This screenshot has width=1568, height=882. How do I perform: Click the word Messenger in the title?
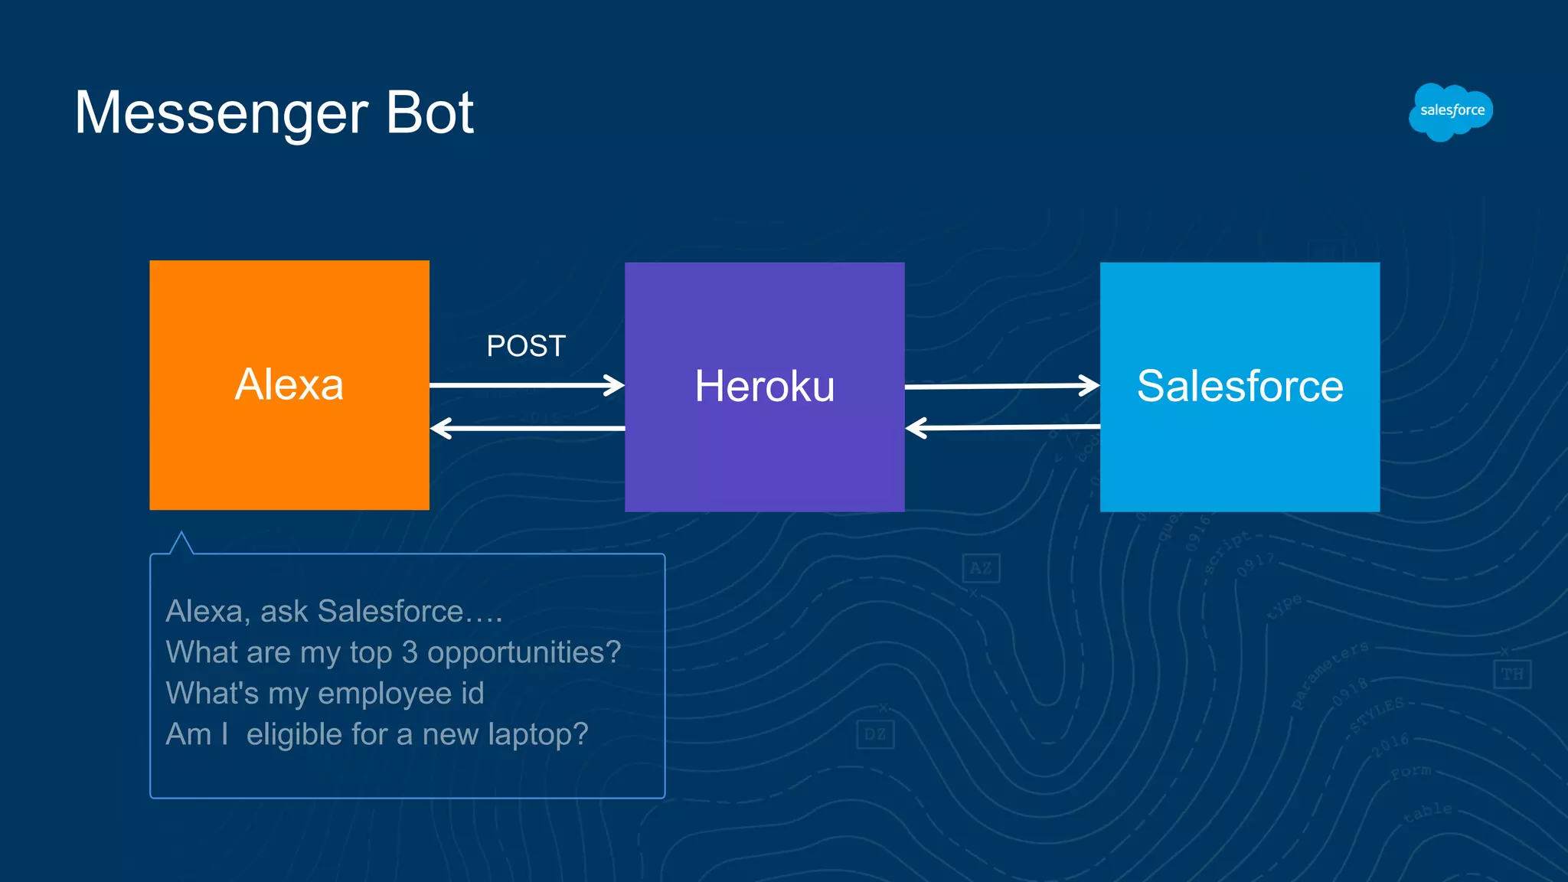[221, 113]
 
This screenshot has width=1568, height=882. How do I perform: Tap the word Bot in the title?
[429, 113]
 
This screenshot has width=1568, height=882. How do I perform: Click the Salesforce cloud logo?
[1451, 112]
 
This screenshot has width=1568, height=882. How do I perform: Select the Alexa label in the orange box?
[289, 384]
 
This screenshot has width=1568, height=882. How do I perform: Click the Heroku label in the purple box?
[764, 386]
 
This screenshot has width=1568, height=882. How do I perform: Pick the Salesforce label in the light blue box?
[1240, 386]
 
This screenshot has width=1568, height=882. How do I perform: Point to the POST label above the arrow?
[526, 346]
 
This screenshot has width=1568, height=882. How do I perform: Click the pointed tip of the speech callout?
[181, 534]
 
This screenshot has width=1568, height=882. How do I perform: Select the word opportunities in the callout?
[524, 652]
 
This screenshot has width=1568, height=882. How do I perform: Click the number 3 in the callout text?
[410, 652]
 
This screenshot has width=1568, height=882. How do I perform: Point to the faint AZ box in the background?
[981, 568]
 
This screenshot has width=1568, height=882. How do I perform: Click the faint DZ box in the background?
[875, 735]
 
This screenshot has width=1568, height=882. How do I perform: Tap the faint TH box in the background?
[1512, 675]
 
